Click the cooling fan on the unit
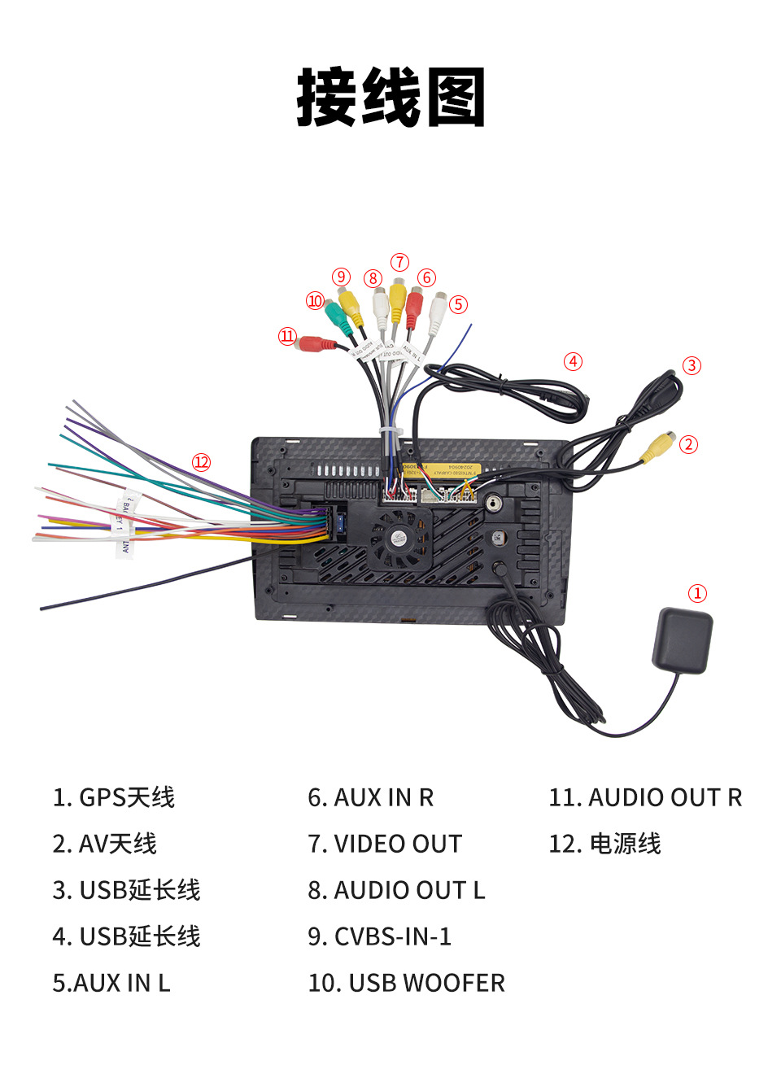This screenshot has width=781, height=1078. coord(399,537)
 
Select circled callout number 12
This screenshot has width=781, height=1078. coord(201,462)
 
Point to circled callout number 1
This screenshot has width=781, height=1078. coord(697,593)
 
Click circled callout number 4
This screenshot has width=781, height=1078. coord(574,361)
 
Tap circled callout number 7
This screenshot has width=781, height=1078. coord(399,262)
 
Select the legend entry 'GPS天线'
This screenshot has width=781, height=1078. coord(114,797)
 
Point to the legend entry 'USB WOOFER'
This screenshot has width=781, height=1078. coord(406,983)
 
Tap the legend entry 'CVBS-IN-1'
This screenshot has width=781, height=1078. coord(379,936)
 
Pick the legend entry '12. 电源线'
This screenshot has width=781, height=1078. coord(604,844)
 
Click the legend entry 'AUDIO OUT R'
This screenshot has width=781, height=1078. coord(645,797)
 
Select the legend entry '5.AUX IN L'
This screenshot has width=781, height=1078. coord(111,983)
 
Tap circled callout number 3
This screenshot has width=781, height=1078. coord(692,365)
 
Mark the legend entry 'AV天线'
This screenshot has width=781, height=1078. coord(105,844)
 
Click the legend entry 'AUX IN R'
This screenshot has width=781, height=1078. coord(371,797)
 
